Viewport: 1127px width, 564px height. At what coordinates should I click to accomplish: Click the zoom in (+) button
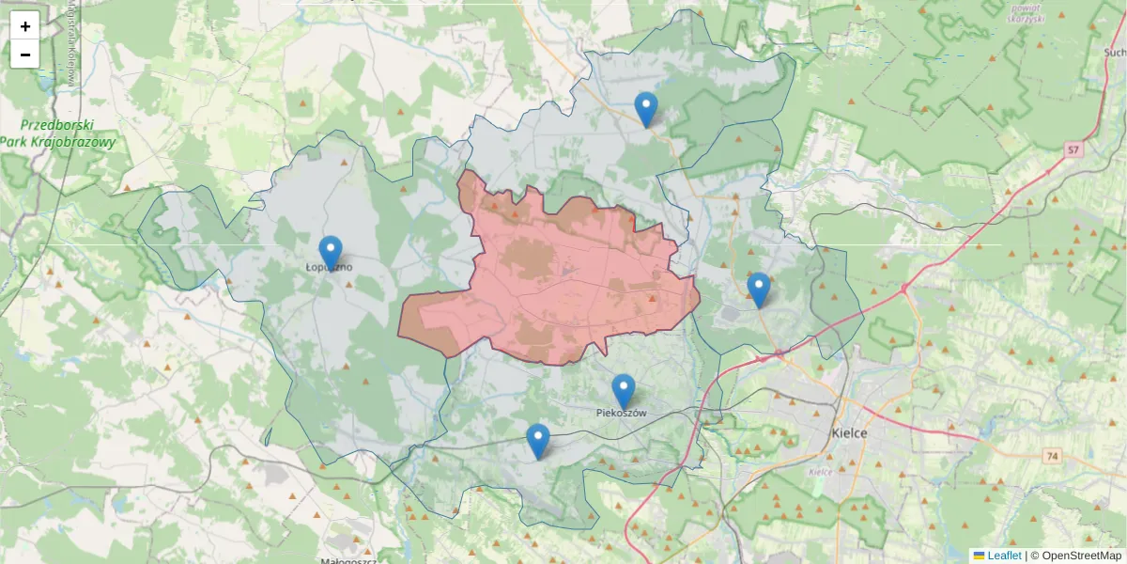25,25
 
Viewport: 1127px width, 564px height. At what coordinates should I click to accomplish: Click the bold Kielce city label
850,433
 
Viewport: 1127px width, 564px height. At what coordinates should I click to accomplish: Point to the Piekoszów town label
621,413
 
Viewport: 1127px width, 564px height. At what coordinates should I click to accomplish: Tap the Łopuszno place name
330,268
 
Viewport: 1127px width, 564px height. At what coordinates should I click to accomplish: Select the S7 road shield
1073,149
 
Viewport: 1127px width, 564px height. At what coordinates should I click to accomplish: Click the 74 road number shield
1051,455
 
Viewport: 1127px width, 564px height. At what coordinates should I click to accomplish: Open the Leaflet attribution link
1003,556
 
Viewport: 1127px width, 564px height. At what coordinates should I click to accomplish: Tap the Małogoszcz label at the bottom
348,561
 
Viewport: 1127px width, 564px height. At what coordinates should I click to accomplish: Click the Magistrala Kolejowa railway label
70,42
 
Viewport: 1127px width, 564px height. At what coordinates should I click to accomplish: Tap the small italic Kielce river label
820,472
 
